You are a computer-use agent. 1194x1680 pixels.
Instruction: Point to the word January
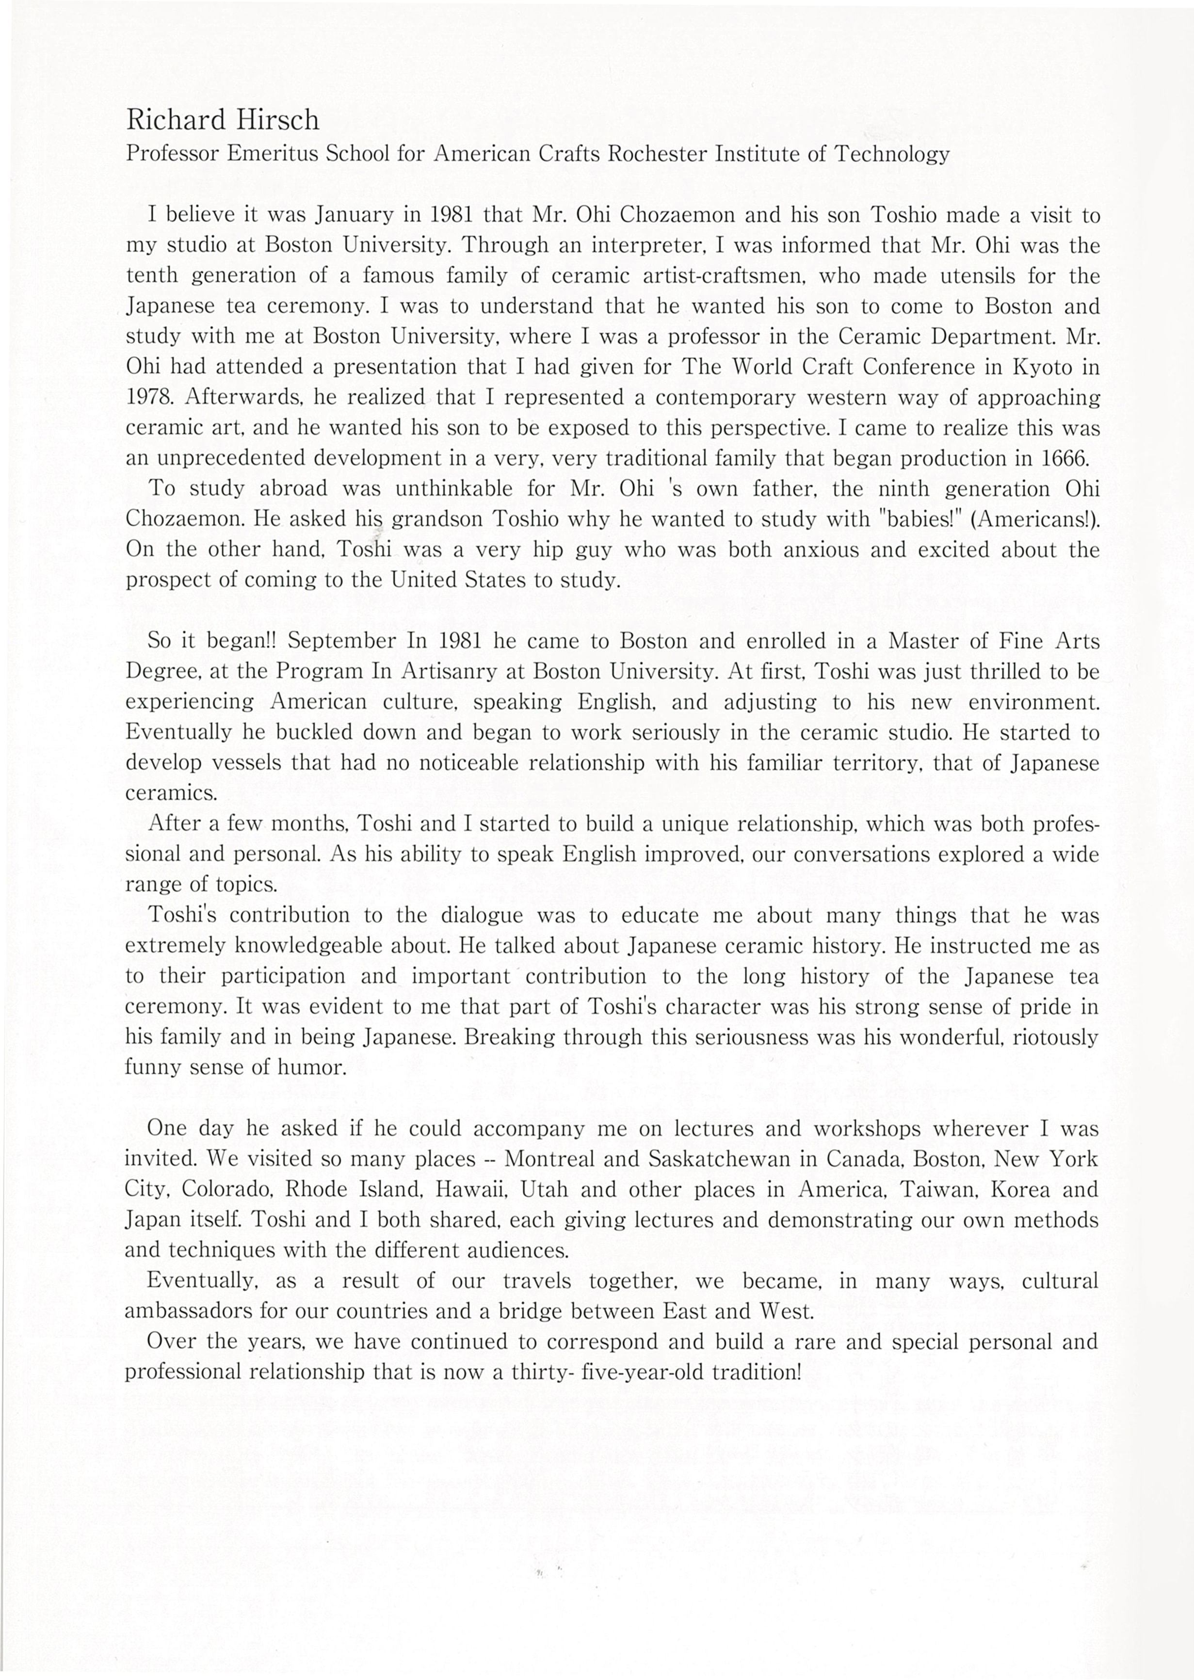pos(356,215)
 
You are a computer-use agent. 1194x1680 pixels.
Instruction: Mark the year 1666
pos(1065,458)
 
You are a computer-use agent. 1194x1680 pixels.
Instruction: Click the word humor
pos(318,1067)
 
